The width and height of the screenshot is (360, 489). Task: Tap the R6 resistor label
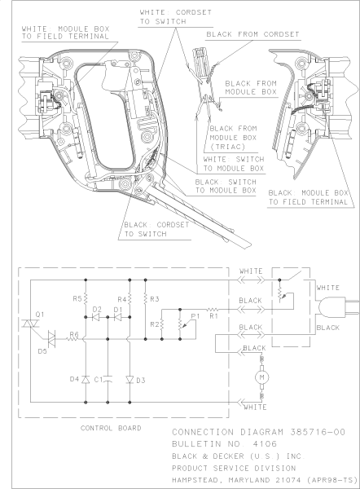click(x=73, y=334)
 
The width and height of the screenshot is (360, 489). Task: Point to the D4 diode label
click(x=73, y=378)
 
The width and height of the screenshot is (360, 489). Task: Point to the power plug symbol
click(x=329, y=307)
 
